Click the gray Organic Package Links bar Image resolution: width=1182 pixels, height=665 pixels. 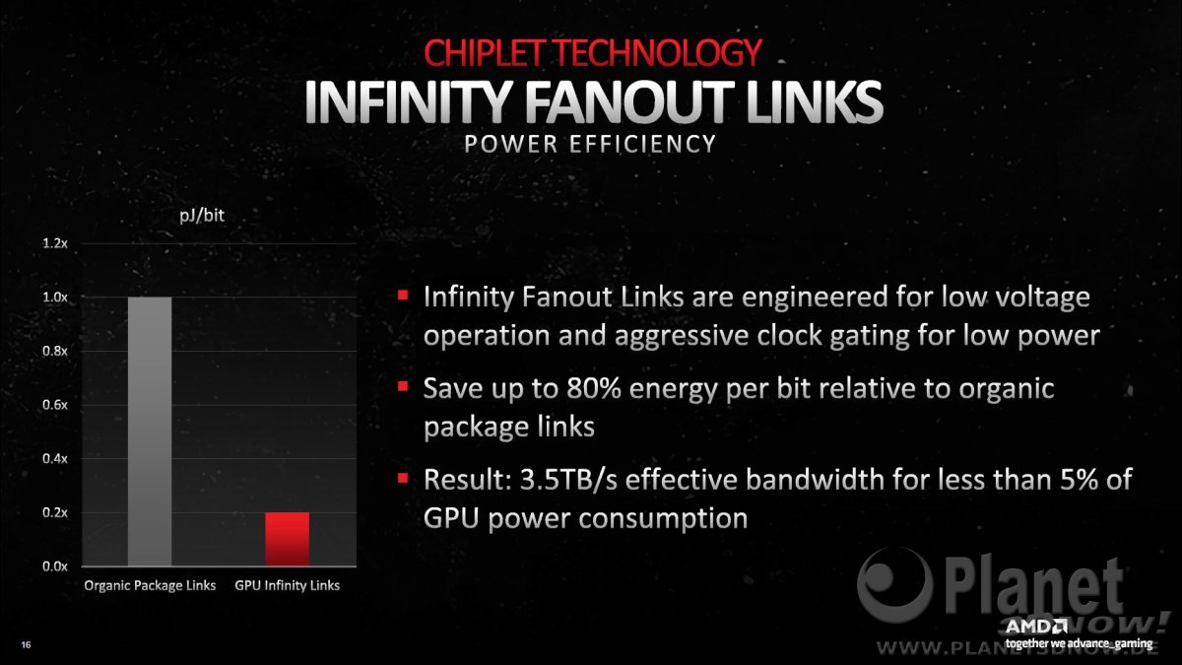(x=150, y=432)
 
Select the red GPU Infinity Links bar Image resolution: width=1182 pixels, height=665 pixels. (x=287, y=540)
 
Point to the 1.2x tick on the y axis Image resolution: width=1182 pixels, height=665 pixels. (x=55, y=243)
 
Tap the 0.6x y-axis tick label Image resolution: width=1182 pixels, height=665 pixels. (x=55, y=405)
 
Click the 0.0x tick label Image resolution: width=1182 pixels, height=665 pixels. (x=55, y=566)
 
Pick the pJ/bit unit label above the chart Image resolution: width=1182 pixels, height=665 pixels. (x=202, y=216)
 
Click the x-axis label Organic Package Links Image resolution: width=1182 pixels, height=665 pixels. (x=150, y=586)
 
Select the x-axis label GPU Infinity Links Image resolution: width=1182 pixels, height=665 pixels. (x=287, y=586)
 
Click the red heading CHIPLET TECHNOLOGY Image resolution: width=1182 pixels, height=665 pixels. (x=593, y=52)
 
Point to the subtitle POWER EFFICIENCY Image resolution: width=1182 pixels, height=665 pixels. (x=590, y=144)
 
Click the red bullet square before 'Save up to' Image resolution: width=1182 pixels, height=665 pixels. (x=403, y=386)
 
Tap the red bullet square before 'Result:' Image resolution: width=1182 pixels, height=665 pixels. (x=403, y=478)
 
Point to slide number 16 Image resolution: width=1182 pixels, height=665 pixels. (x=26, y=645)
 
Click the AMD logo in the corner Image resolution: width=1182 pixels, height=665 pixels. (x=1036, y=627)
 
